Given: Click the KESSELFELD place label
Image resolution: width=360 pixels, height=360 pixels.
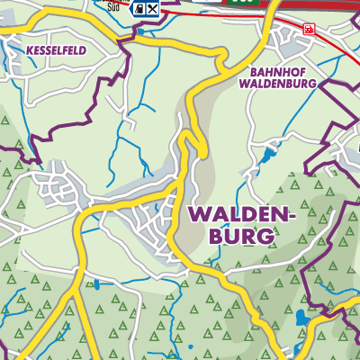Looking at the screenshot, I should click(x=57, y=51).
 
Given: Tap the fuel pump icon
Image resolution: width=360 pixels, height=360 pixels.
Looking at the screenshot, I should click(x=139, y=9).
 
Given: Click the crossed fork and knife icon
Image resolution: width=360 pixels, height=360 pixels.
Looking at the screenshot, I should click(x=154, y=9).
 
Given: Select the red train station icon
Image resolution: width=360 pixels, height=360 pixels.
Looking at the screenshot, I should click(x=310, y=29).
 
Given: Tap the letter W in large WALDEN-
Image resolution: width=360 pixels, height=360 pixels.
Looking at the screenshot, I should click(x=197, y=214).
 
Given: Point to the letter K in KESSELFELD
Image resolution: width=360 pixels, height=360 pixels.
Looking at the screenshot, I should click(x=31, y=51).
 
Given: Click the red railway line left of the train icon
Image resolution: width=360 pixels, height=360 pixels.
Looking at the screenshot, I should click(x=279, y=22).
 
